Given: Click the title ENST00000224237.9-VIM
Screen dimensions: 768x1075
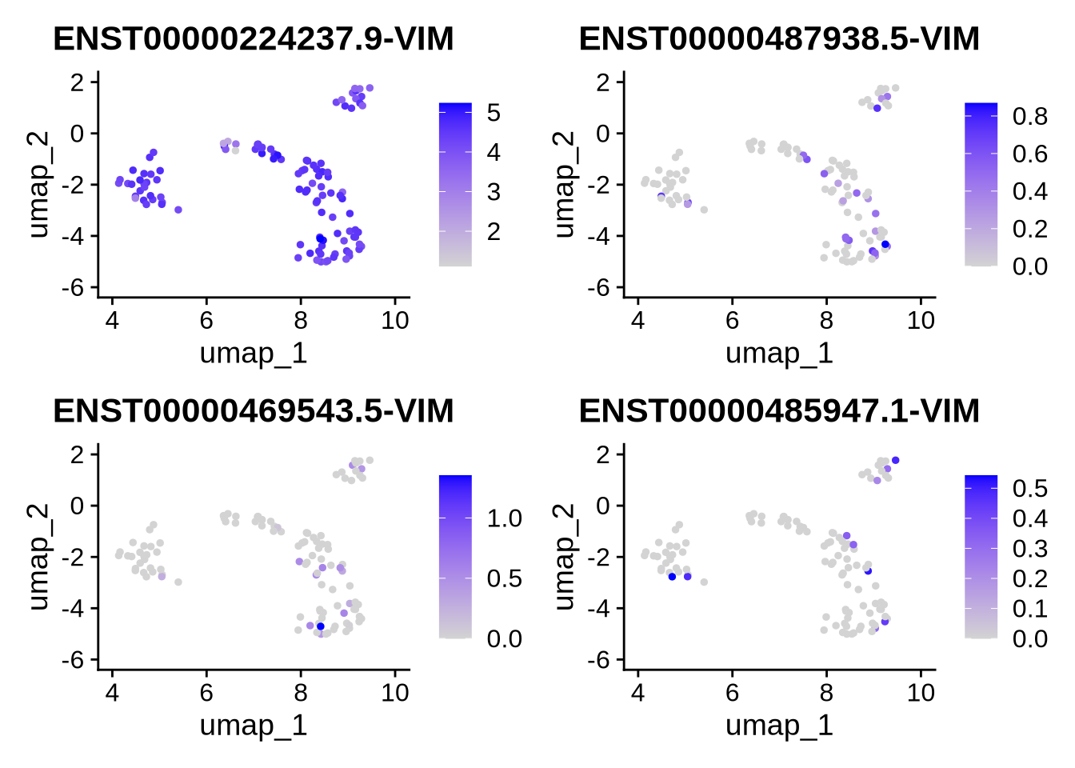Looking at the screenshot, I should click(x=253, y=38).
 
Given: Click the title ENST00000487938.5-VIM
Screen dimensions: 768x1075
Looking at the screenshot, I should click(x=779, y=38).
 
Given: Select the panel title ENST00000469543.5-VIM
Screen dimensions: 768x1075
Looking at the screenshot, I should click(x=253, y=410).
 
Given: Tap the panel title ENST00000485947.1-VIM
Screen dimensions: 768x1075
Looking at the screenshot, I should click(x=779, y=410).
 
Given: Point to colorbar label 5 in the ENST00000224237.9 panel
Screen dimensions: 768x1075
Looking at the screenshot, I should click(x=494, y=113).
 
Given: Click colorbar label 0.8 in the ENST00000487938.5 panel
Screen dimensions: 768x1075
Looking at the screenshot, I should click(x=1029, y=117).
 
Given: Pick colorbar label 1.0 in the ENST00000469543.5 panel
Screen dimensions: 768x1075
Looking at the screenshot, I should click(x=504, y=518).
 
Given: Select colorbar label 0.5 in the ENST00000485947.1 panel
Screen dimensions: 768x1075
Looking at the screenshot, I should click(x=1029, y=488).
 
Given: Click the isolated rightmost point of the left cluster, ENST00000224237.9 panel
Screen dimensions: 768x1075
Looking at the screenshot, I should click(x=178, y=210).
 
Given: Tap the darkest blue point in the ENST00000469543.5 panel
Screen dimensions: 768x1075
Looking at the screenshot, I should click(x=321, y=626).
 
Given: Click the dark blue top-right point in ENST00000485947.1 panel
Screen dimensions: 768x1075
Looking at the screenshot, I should click(x=895, y=460).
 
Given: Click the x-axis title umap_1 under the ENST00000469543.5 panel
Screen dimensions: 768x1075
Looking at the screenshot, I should click(x=254, y=725).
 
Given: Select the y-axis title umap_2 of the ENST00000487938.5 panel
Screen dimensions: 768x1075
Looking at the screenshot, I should click(x=564, y=184).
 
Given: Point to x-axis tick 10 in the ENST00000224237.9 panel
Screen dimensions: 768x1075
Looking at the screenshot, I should click(x=395, y=321).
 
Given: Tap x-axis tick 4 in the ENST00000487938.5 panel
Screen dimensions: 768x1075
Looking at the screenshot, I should click(x=637, y=321).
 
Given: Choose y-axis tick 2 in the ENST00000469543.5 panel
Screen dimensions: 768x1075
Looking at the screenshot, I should click(x=78, y=454).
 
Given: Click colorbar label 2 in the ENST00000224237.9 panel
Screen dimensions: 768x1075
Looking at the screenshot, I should click(x=494, y=231).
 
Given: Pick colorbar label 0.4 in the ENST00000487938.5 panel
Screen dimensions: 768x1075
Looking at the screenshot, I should click(x=1029, y=191).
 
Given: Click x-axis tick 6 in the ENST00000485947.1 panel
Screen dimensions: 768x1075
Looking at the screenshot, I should click(x=732, y=693).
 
